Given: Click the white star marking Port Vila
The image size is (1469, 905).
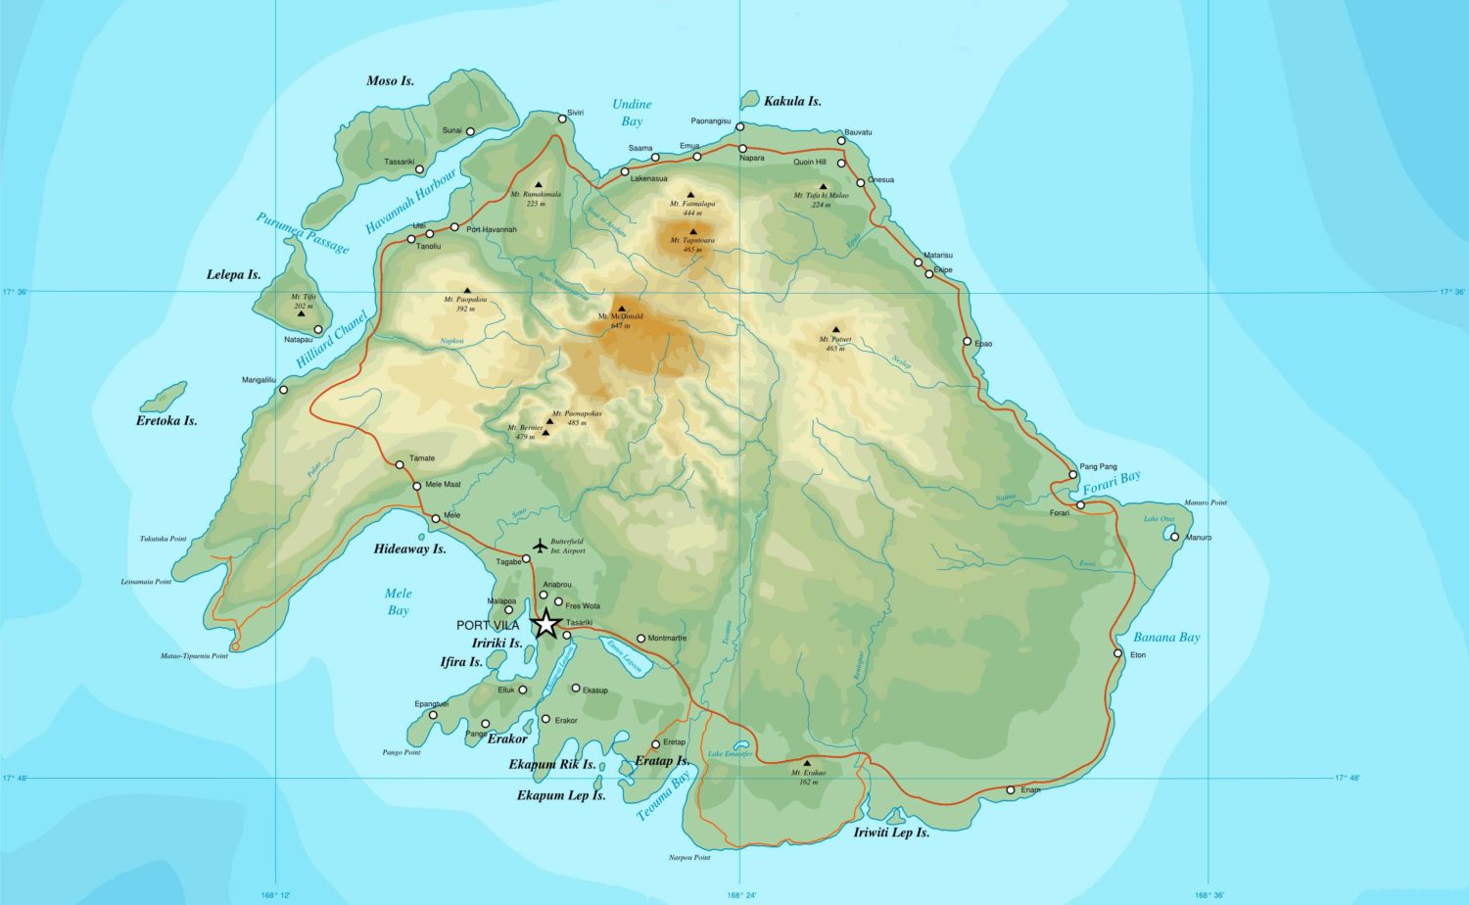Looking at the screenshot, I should (545, 624).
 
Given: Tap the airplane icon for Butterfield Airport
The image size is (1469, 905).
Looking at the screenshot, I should (539, 545).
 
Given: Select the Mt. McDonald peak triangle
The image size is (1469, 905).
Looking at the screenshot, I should (621, 309).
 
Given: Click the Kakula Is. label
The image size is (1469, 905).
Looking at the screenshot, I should (792, 101).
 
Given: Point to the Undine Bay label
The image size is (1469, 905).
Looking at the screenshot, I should (632, 113).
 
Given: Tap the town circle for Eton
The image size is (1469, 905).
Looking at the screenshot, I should (1117, 653).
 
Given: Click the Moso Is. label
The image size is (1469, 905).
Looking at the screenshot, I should (390, 80).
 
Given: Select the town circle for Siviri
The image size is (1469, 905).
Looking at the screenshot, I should (562, 119).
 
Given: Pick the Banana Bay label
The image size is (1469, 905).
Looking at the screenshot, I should (1166, 637).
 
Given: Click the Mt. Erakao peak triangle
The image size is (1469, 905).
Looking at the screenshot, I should (807, 762).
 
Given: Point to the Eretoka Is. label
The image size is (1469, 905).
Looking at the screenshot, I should (166, 420).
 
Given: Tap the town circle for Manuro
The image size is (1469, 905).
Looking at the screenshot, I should (1174, 536).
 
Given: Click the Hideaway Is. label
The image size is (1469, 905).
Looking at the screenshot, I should (409, 548).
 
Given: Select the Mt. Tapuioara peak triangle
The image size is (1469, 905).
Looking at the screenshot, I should (693, 232).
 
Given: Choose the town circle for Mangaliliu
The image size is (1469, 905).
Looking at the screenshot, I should (284, 390).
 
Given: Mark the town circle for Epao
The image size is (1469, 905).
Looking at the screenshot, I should (967, 342).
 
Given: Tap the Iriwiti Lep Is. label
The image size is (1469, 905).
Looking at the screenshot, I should (891, 832).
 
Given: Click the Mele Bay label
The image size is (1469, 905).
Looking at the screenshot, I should (398, 601).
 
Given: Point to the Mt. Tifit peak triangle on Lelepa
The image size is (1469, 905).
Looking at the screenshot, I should (303, 287).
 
